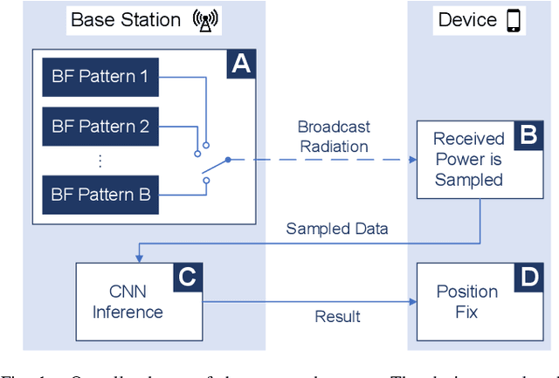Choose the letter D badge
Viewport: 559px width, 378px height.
tap(528, 278)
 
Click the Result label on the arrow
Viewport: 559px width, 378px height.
tap(337, 316)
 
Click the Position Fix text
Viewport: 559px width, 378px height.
tap(467, 302)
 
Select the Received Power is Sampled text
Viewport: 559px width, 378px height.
tap(469, 159)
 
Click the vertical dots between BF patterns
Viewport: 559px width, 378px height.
tap(100, 160)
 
